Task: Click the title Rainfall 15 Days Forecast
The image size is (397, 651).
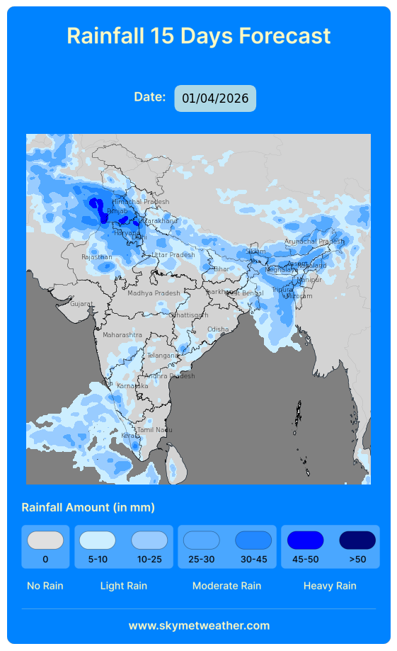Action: pyautogui.click(x=198, y=35)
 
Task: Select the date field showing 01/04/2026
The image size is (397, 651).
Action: pyautogui.click(x=215, y=98)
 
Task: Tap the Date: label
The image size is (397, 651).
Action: pyautogui.click(x=150, y=97)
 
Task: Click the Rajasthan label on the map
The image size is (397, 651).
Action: pyautogui.click(x=97, y=257)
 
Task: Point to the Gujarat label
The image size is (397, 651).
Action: pyautogui.click(x=81, y=304)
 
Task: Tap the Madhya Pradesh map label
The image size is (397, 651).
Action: pyautogui.click(x=154, y=293)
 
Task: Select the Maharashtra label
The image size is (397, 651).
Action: pyautogui.click(x=122, y=335)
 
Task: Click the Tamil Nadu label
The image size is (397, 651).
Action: pyautogui.click(x=154, y=430)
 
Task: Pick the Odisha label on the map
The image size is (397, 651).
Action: pyautogui.click(x=218, y=329)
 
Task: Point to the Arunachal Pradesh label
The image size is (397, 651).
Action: pyautogui.click(x=314, y=242)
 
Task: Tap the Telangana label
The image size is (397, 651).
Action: pyautogui.click(x=163, y=356)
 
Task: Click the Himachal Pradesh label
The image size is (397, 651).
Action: pyautogui.click(x=141, y=202)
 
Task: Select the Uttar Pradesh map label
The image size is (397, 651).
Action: pyautogui.click(x=173, y=255)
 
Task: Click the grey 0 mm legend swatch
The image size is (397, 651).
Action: pyautogui.click(x=45, y=540)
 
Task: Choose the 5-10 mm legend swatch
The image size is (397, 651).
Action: pyautogui.click(x=98, y=540)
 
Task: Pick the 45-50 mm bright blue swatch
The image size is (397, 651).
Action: pyautogui.click(x=306, y=540)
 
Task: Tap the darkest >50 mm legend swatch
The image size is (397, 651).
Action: pyautogui.click(x=357, y=540)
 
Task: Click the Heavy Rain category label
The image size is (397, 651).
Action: pyautogui.click(x=330, y=586)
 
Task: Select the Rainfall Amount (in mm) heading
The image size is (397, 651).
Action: pyautogui.click(x=88, y=507)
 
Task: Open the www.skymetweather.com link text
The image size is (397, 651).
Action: pyautogui.click(x=199, y=625)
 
